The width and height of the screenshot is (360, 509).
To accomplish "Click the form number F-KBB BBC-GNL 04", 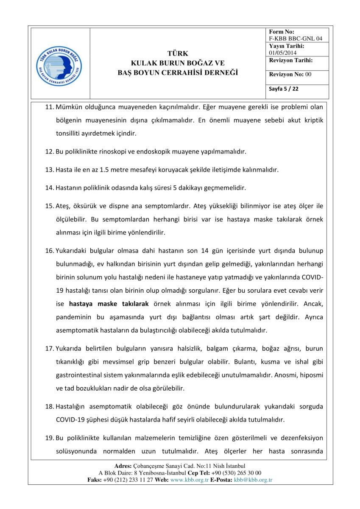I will coord(296,39).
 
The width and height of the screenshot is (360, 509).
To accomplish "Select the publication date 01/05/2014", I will coord(283,53).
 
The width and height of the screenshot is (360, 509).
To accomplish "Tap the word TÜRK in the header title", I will coord(178,53).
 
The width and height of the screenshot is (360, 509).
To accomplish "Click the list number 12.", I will coord(49,151).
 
